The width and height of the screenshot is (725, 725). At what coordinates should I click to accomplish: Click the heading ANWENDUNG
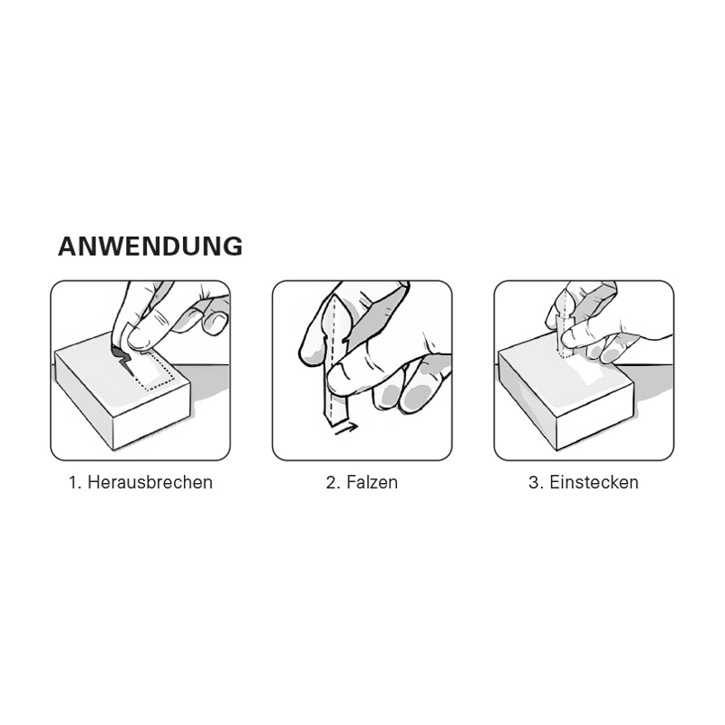click(150, 246)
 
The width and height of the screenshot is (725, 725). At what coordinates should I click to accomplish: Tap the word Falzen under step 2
click(371, 482)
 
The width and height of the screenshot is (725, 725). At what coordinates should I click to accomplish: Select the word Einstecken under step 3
click(594, 482)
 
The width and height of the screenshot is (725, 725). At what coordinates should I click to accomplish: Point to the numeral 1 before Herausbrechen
click(72, 482)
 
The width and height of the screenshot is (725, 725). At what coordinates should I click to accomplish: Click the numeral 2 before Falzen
click(331, 482)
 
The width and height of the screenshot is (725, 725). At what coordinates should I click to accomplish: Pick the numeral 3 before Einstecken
click(534, 482)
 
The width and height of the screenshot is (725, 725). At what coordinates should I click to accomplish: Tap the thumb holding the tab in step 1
click(145, 337)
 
